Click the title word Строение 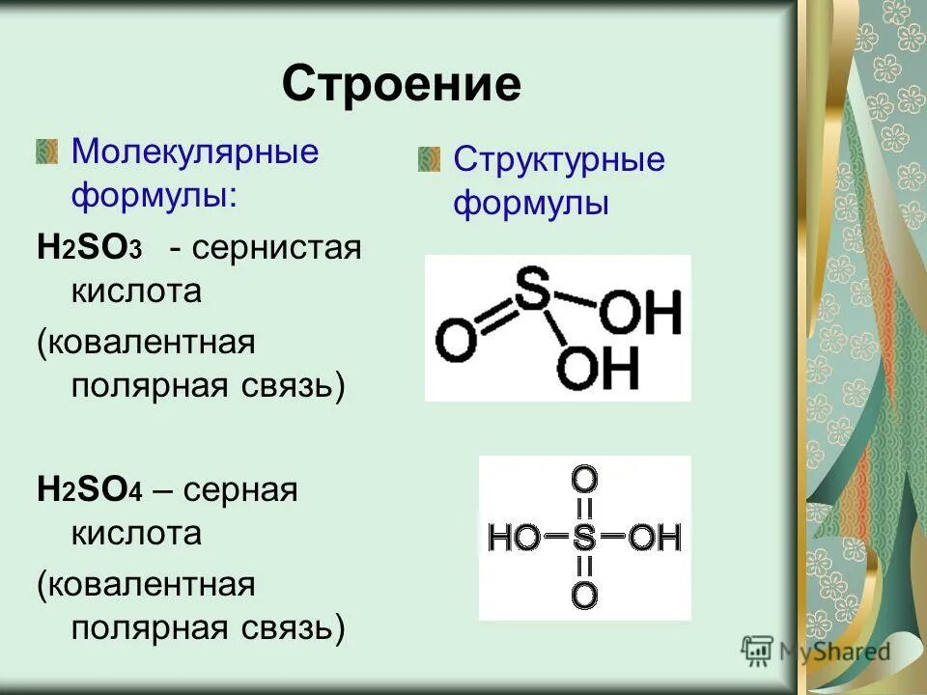(401, 85)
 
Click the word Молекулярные (196, 153)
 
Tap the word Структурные (559, 159)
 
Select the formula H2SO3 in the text (90, 248)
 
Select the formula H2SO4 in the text (90, 490)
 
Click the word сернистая (276, 248)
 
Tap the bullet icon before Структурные (429, 158)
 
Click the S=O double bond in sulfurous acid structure (494, 317)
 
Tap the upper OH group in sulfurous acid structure (641, 315)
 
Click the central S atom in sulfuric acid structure (584, 537)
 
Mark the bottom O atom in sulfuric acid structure (584, 595)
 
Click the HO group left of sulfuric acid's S (515, 537)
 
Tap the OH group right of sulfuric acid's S (655, 537)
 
